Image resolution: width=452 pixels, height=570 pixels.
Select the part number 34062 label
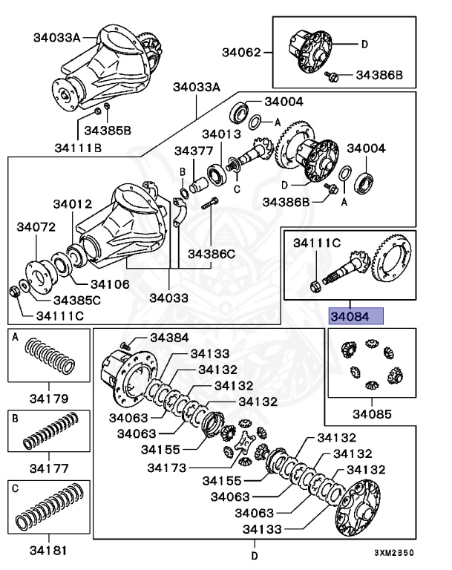[x=242, y=52]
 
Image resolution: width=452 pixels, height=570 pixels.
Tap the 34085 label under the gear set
[x=371, y=413]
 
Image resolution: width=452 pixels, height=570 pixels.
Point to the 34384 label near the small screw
[x=170, y=338]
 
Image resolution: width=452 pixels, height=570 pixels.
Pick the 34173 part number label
[x=168, y=468]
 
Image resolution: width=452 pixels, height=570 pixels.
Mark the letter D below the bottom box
[x=253, y=555]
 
